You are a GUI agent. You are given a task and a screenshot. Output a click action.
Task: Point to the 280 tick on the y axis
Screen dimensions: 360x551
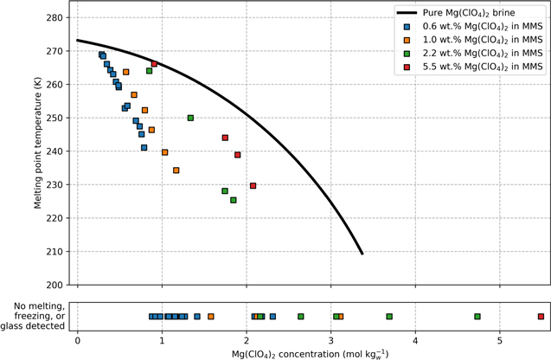pos(55,17)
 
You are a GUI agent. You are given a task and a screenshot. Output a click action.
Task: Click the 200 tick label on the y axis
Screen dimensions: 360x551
pos(55,285)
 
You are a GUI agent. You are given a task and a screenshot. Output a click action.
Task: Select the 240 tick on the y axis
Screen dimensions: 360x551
pos(55,151)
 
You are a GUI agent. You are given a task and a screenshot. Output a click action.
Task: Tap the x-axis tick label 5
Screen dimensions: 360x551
pos(500,338)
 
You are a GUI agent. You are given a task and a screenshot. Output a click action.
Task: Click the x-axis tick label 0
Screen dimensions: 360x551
pos(78,338)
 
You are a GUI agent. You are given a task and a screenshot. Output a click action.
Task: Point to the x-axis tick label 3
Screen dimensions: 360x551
pos(331,338)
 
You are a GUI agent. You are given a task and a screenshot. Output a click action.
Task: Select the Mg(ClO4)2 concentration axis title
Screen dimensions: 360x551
pos(310,353)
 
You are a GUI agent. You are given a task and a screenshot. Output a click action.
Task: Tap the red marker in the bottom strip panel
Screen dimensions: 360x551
pos(541,317)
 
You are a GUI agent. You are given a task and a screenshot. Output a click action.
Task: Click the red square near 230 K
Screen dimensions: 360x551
pos(253,185)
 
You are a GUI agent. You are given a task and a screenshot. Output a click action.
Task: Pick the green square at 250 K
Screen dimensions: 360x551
pos(190,118)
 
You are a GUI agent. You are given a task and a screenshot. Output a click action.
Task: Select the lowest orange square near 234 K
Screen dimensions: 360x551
pos(176,170)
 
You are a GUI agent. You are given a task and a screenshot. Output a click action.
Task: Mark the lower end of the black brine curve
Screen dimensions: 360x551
pos(362,254)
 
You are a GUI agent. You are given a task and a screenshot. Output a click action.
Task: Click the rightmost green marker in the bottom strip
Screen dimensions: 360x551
pos(477,317)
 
